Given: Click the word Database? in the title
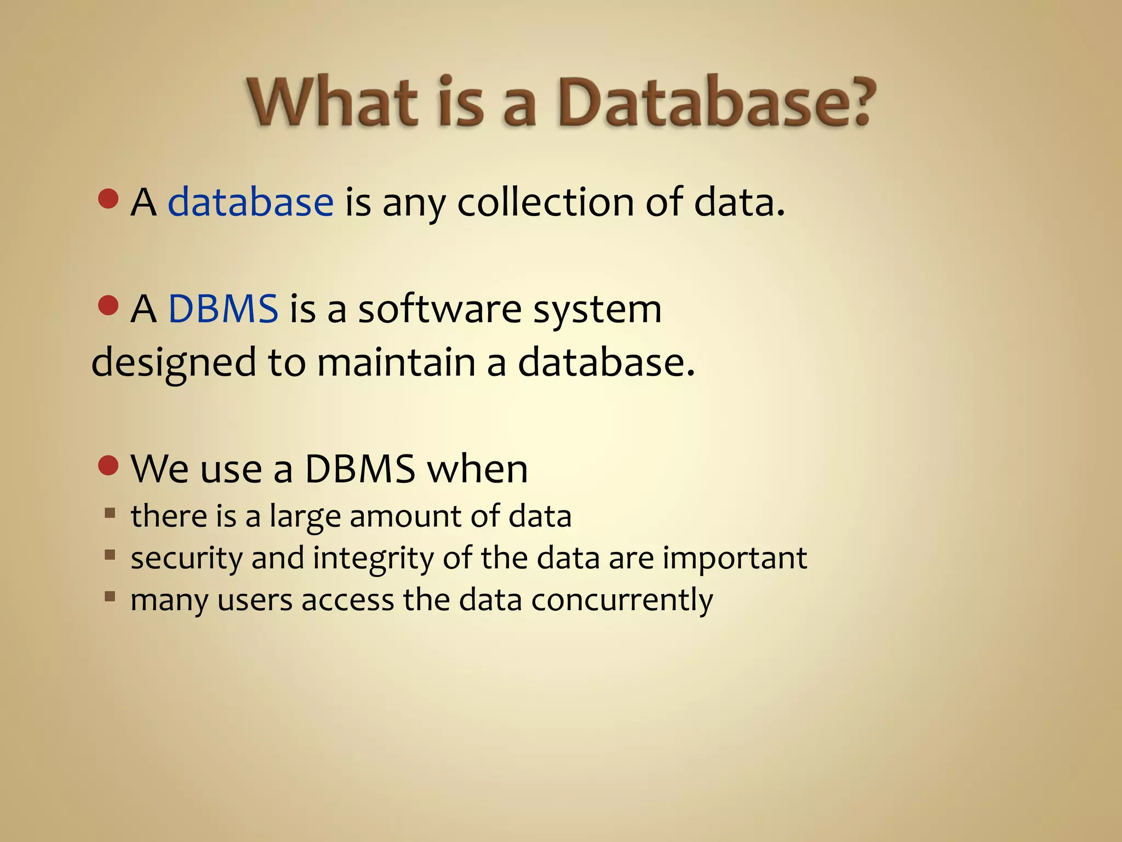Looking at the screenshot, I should coord(715,103).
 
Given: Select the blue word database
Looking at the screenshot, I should coord(250,202).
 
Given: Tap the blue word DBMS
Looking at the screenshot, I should coord(223,309).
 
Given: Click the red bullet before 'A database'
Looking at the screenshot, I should coord(108,199).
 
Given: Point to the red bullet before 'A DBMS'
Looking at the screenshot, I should coord(108,306).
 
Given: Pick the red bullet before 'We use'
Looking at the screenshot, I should coord(108,466).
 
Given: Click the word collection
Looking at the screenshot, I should coord(546,202).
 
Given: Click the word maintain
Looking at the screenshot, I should coord(396,362).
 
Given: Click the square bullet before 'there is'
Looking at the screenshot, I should coord(110,514).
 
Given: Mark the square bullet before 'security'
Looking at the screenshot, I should coord(110,555).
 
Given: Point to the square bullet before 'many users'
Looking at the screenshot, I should coord(110,596).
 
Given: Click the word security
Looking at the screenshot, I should coord(186,559).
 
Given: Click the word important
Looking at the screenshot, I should coord(735,559).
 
